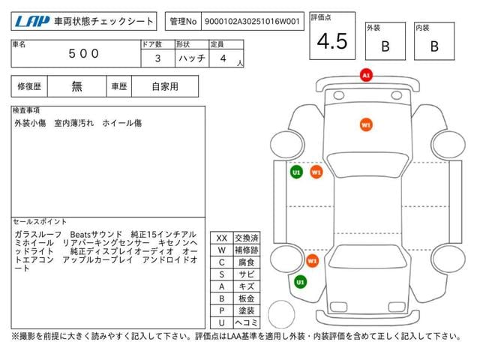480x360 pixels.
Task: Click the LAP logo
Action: [32, 22]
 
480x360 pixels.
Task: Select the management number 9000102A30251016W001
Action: [252, 22]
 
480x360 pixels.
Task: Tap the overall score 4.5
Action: [332, 41]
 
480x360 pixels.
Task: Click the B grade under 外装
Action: [385, 46]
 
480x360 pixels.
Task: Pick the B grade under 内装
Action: [434, 46]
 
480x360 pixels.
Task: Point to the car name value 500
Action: [83, 54]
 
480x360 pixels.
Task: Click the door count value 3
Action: [157, 58]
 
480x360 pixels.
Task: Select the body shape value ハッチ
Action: [192, 58]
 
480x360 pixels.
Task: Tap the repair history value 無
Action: [76, 87]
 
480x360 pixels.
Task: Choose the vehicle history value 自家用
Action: [165, 87]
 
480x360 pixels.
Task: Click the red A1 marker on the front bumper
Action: [366, 75]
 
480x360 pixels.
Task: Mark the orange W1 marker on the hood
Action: [366, 125]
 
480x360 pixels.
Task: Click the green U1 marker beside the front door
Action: [296, 172]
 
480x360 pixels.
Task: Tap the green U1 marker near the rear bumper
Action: [300, 282]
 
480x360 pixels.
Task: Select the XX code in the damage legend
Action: [222, 238]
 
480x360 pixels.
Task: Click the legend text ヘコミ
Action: [247, 322]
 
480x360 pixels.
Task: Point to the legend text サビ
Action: [247, 274]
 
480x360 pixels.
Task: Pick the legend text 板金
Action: [247, 298]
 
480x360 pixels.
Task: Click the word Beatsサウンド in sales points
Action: [96, 235]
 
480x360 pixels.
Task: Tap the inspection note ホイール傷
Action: [121, 123]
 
